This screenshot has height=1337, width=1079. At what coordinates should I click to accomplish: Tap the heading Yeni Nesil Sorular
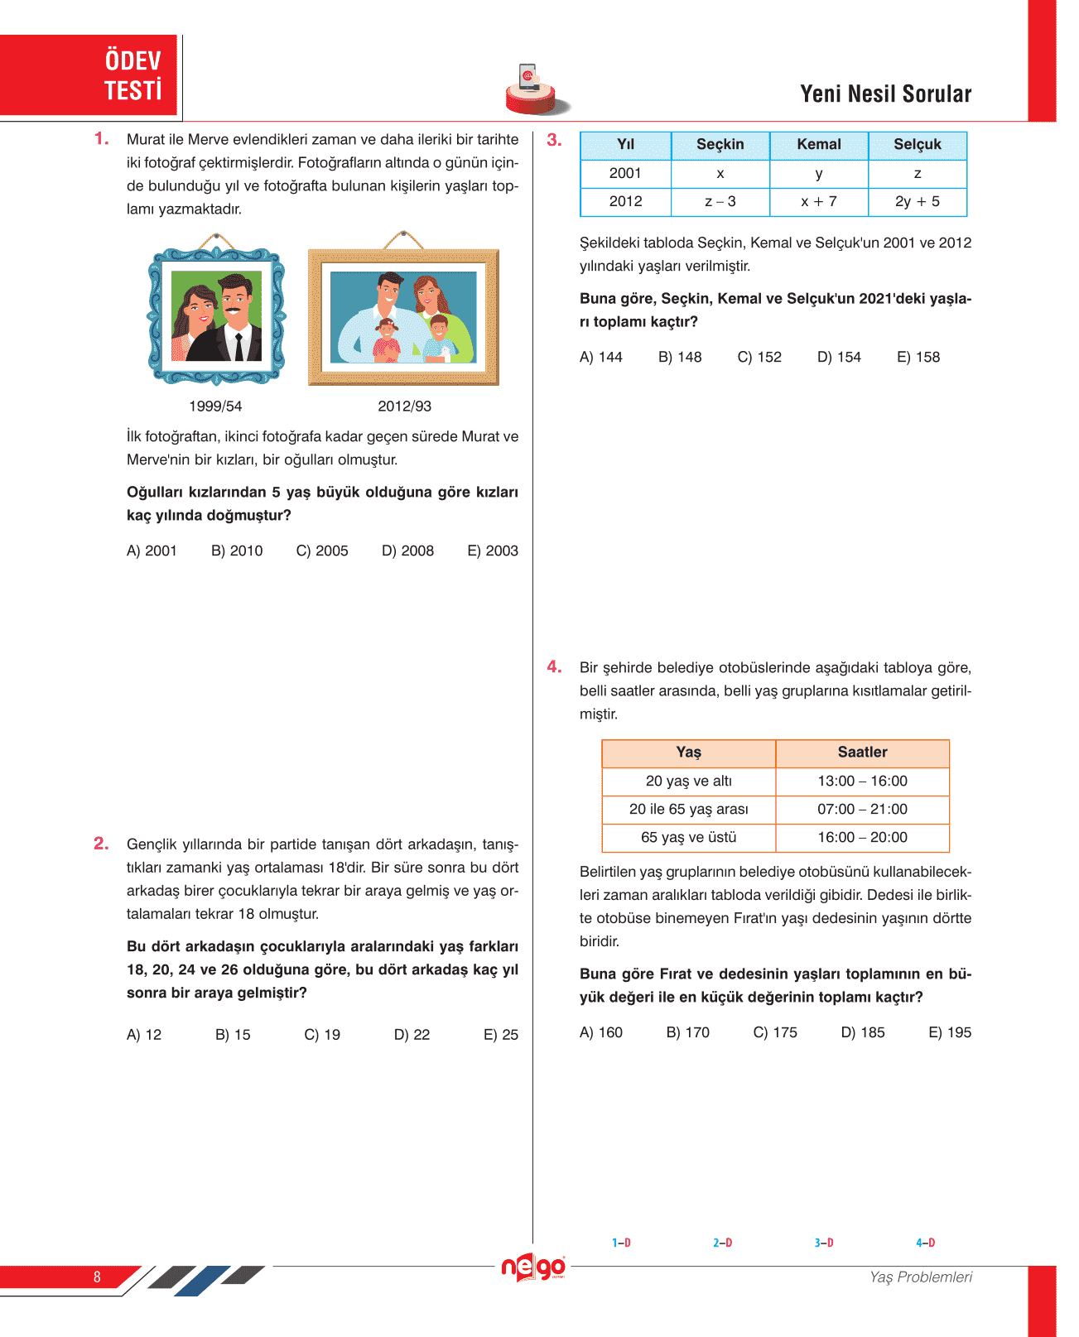(x=885, y=94)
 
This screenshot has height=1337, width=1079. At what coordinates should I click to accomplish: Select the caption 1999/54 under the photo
(x=215, y=406)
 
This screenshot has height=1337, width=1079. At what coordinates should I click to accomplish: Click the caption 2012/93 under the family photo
(x=404, y=406)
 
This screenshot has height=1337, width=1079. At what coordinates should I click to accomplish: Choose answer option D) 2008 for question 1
(x=407, y=551)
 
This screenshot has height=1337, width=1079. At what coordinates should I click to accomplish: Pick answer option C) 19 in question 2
(x=322, y=1035)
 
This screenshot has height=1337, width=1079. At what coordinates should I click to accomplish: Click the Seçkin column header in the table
(x=720, y=145)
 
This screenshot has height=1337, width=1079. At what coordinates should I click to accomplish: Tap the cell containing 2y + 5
(x=917, y=201)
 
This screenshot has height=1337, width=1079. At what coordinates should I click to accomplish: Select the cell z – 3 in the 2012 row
(x=720, y=201)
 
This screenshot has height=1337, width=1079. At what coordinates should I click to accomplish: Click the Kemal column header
(x=818, y=145)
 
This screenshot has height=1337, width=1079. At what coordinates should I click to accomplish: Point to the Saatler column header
(x=862, y=753)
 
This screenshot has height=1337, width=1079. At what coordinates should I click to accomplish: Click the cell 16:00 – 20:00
(x=862, y=838)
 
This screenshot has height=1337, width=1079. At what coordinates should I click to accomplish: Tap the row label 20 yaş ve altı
(x=688, y=782)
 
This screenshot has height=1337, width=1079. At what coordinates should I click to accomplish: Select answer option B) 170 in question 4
(x=687, y=1033)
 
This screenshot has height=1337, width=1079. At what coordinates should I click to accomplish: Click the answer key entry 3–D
(x=823, y=1243)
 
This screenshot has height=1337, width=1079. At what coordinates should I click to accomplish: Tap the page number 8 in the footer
(x=97, y=1277)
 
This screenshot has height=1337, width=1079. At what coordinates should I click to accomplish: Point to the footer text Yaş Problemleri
(x=920, y=1277)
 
